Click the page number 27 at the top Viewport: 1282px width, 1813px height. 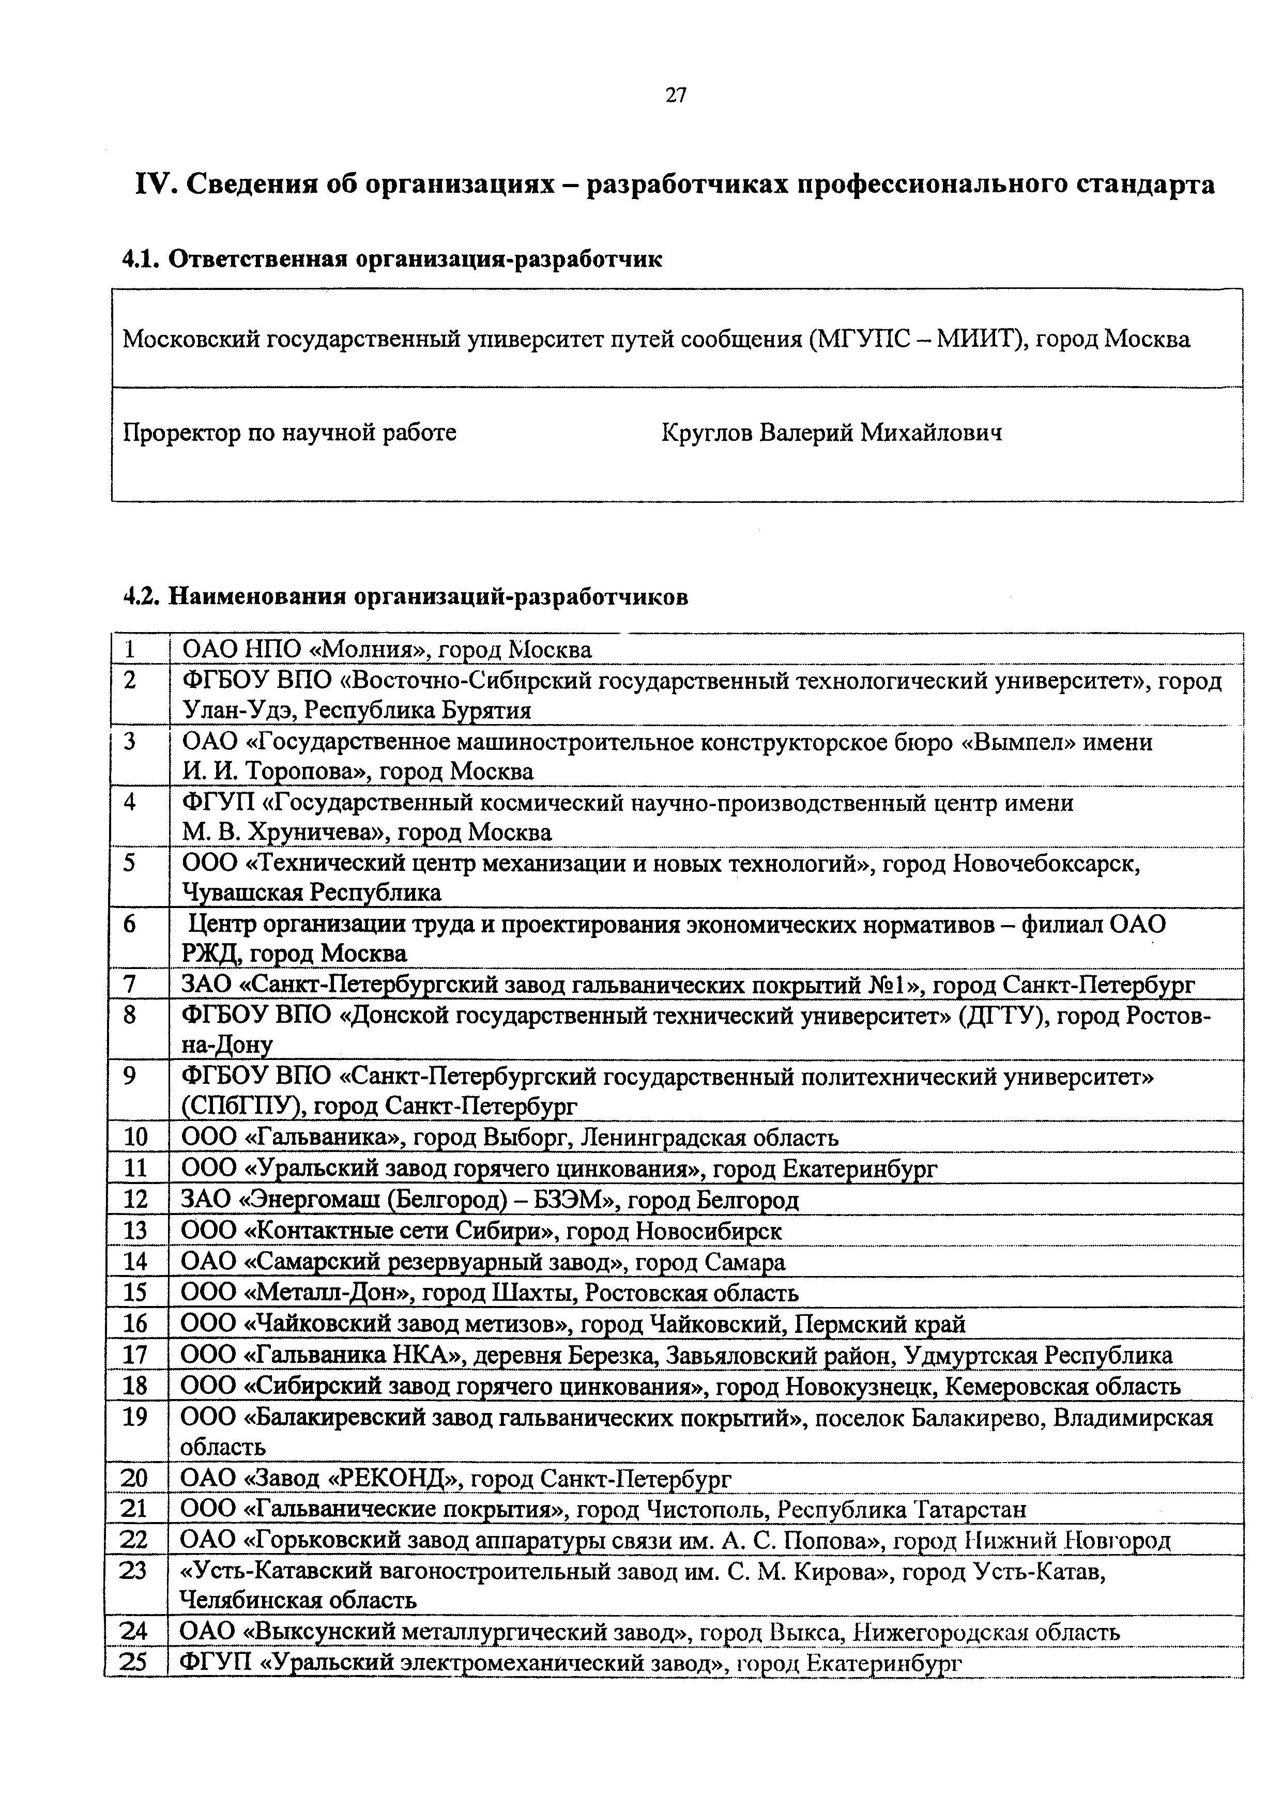click(676, 96)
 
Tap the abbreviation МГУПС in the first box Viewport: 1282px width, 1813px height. click(860, 340)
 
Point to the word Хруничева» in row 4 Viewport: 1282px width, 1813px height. click(316, 832)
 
